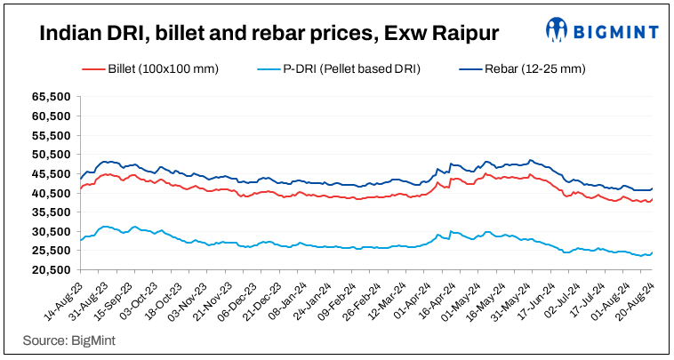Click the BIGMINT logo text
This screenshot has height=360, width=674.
coord(614,34)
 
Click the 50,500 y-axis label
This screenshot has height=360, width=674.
coord(52,155)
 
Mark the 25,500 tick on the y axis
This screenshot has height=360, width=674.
coord(52,251)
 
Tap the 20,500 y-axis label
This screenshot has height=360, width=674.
coord(52,270)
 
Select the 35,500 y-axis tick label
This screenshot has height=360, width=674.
coord(52,212)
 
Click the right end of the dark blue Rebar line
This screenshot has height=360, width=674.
coord(653,188)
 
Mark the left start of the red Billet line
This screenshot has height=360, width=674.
coord(80,188)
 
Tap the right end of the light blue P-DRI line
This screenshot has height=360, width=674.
coord(653,252)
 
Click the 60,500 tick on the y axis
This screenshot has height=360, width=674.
coord(52,116)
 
